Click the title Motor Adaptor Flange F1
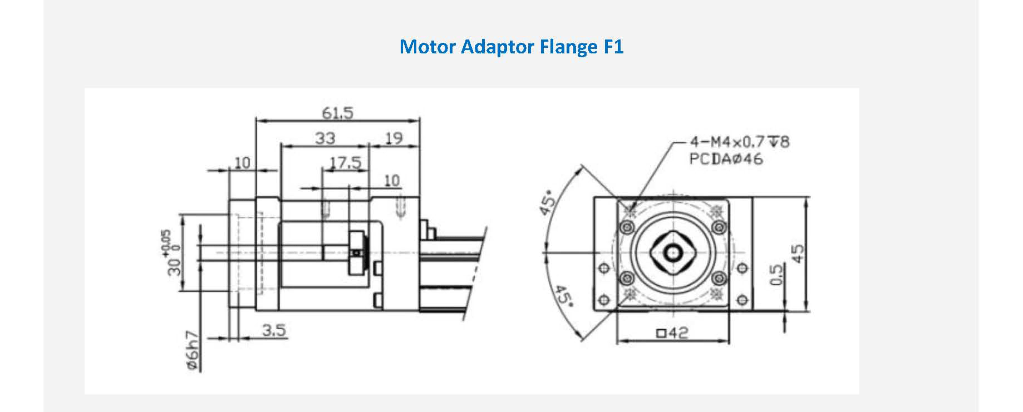[511, 47]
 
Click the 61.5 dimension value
[337, 113]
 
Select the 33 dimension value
[325, 138]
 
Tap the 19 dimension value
[394, 138]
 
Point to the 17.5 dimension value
[346, 163]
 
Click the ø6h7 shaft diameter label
[193, 351]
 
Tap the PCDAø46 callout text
[726, 160]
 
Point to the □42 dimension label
[672, 333]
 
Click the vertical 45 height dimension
[798, 254]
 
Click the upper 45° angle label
[548, 203]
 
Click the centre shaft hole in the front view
[673, 254]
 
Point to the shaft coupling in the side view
[357, 254]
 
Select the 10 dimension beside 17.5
[392, 181]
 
